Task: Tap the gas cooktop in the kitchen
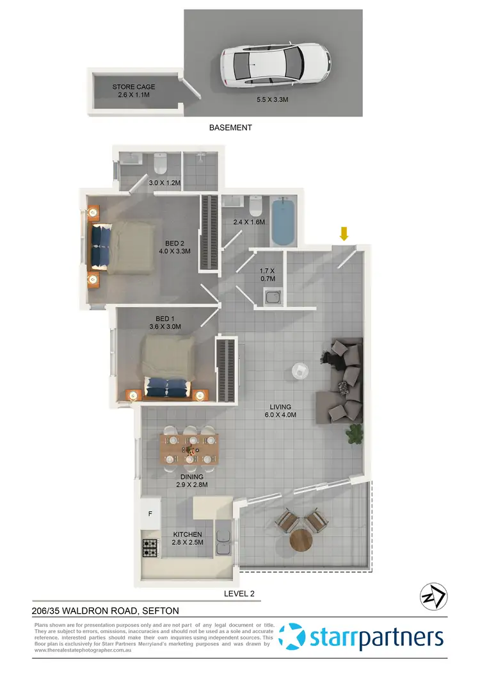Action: [150, 547]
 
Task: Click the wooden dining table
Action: [190, 449]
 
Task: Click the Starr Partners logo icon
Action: [295, 637]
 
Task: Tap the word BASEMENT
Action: [230, 128]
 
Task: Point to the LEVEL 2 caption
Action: [239, 593]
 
